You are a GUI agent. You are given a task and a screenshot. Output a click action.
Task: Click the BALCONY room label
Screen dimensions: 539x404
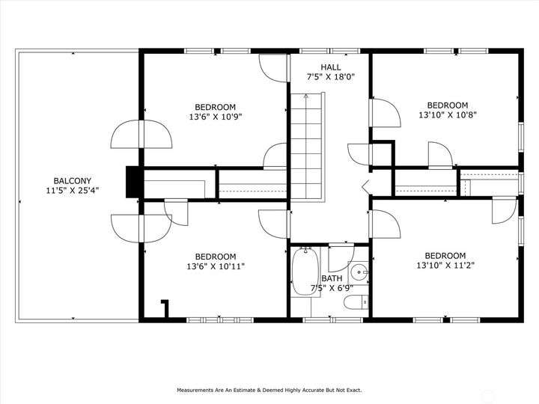[x=72, y=181]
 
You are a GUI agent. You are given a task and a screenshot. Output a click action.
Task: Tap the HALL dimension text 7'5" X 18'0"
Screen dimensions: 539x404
[x=331, y=76]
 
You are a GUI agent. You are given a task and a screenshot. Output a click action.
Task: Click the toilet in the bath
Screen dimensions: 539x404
[x=356, y=302]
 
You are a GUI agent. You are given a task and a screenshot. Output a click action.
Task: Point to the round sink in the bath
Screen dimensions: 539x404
[x=359, y=272]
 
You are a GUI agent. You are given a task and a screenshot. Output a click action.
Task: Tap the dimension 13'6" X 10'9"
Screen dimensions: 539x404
[x=216, y=117]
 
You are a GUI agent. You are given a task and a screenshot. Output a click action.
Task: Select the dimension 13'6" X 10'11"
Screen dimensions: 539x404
[x=216, y=266]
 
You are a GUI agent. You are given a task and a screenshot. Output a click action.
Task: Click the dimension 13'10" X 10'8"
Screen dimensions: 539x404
[x=447, y=114]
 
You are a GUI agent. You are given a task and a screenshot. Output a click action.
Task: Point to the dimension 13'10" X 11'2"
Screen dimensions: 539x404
[x=445, y=265]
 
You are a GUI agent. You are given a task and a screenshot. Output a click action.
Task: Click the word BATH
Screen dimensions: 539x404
[x=332, y=278]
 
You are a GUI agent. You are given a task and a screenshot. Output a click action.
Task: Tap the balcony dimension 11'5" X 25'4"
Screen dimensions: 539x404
[x=72, y=190]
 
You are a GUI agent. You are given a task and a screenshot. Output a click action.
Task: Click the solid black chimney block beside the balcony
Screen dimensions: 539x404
[x=132, y=182]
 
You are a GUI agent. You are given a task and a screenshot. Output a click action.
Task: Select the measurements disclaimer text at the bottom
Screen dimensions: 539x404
[x=269, y=390]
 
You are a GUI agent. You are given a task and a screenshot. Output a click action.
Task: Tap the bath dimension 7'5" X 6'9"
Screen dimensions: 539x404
[x=332, y=288]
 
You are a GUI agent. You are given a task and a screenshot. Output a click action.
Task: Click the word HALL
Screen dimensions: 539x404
[x=331, y=67]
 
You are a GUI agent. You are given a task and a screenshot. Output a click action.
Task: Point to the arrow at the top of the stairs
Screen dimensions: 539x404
[x=306, y=97]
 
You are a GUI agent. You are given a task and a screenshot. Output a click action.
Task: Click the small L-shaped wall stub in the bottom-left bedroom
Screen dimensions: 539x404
[x=165, y=308]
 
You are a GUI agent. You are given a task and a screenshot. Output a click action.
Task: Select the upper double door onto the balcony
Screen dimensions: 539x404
[x=141, y=134]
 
